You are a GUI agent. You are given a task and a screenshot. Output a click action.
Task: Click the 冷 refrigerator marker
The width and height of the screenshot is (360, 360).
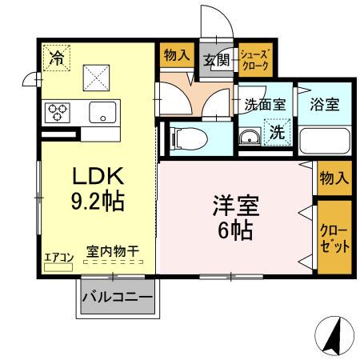57,58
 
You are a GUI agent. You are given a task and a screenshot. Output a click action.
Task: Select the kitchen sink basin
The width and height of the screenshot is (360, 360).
103,112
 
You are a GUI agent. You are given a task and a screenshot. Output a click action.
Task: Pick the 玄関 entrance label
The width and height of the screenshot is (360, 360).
214,59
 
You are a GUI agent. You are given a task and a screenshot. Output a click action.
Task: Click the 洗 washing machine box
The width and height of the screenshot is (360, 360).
275,133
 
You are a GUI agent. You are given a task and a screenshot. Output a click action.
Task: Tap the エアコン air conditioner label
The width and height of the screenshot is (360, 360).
58,256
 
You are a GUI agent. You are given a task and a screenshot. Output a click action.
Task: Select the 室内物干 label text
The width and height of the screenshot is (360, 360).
112,251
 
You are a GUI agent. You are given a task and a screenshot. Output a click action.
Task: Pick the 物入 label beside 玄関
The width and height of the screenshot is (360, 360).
176,56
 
